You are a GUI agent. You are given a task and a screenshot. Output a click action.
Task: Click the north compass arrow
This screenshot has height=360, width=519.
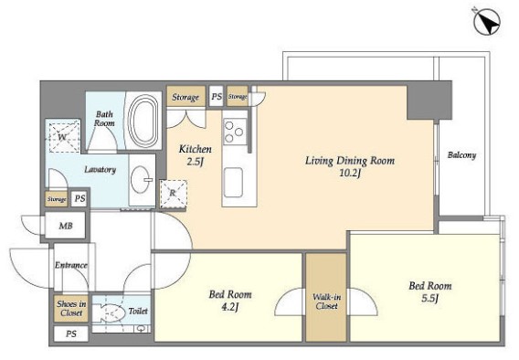[x=487, y=22]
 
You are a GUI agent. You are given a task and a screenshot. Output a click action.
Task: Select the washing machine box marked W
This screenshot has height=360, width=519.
[x=65, y=137]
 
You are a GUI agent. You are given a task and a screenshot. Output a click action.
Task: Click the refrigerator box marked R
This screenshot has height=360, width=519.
[x=173, y=194]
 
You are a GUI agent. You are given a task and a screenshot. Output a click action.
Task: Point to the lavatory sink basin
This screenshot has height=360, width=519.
[x=141, y=179]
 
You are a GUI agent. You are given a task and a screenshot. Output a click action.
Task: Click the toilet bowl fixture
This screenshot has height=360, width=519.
[x=109, y=312]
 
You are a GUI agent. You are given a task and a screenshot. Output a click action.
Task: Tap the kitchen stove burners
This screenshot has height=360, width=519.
[x=235, y=132]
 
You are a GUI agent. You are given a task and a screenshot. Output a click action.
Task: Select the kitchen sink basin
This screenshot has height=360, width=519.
[x=234, y=183]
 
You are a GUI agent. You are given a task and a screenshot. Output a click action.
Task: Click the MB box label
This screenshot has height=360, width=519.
[x=66, y=226]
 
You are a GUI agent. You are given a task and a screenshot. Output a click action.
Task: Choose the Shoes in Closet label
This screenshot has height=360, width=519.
[x=71, y=309]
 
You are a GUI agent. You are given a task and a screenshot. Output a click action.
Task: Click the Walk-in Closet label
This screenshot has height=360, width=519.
[x=326, y=302]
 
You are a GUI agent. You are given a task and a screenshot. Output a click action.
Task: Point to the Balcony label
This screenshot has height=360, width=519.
[x=461, y=154]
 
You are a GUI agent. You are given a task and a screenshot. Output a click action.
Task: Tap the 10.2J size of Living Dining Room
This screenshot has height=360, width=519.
[x=350, y=173]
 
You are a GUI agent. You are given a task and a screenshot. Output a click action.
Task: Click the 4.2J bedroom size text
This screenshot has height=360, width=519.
[x=230, y=307]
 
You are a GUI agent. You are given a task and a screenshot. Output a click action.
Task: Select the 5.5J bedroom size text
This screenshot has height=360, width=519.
[x=429, y=299]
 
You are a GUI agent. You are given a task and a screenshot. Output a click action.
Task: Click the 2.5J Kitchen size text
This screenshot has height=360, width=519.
[x=195, y=162]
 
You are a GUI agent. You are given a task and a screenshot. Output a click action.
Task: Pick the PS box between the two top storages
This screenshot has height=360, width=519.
[x=217, y=96]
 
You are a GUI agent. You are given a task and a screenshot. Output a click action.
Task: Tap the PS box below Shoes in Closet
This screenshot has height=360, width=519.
[x=71, y=334]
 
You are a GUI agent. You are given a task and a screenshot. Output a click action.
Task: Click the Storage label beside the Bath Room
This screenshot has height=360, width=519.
[x=185, y=97]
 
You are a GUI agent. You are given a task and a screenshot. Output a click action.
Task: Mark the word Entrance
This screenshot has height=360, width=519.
[x=71, y=265]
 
